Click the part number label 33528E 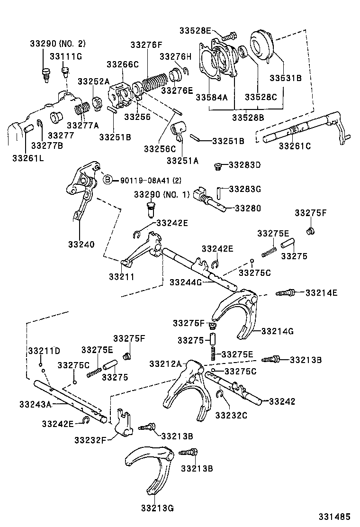tap(195, 31)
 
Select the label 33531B tap(285, 78)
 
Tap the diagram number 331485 tap(334, 516)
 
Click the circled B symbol tap(108, 180)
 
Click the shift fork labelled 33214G tap(234, 313)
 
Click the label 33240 tap(81, 245)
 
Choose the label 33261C tap(295, 146)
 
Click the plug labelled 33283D tap(218, 166)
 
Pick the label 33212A tap(165, 363)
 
